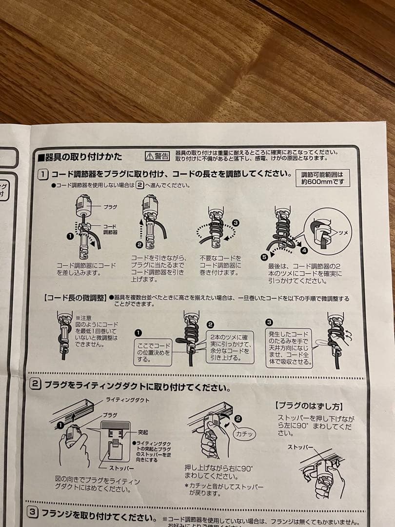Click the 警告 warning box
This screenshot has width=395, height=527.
(158, 156)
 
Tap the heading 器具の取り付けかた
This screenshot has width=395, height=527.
(83, 157)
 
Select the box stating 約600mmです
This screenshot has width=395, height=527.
(322, 178)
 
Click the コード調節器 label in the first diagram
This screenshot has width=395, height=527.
(110, 229)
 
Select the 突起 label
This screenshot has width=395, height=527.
(142, 432)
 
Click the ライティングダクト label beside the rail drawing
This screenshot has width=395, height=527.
(127, 400)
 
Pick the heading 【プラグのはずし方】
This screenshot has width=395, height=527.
(309, 405)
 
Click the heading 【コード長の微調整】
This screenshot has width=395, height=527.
(75, 297)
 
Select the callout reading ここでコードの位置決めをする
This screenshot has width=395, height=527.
(153, 352)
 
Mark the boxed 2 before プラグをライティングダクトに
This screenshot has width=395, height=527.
(35, 384)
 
